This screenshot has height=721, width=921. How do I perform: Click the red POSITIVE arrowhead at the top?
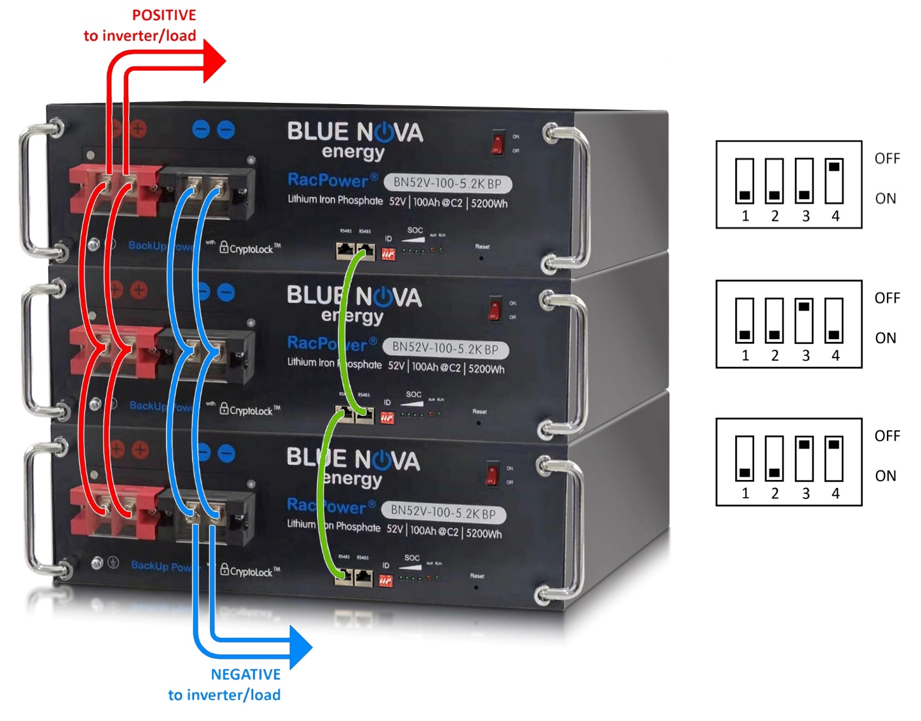(x=213, y=61)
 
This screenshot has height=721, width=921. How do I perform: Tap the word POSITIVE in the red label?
(x=164, y=15)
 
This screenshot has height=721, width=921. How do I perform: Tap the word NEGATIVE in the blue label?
(x=245, y=675)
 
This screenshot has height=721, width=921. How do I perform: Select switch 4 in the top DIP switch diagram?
(x=834, y=181)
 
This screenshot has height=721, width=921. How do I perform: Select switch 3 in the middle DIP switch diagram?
(x=804, y=320)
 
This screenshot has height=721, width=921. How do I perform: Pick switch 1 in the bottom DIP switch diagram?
(x=744, y=458)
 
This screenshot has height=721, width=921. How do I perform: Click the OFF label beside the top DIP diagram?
(x=887, y=158)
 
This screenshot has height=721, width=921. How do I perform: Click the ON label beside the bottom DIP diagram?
(x=886, y=476)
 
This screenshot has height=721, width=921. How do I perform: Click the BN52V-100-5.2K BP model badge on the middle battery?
(x=446, y=348)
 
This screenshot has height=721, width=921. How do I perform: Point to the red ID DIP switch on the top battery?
(x=389, y=253)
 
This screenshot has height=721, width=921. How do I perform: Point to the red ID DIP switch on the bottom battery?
(x=386, y=580)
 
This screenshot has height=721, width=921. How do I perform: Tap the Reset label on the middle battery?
(x=479, y=412)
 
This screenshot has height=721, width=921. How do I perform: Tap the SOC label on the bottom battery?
(x=412, y=558)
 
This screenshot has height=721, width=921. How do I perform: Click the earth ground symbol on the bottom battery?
(x=113, y=563)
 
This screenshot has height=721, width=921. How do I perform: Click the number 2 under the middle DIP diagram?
(x=774, y=356)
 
